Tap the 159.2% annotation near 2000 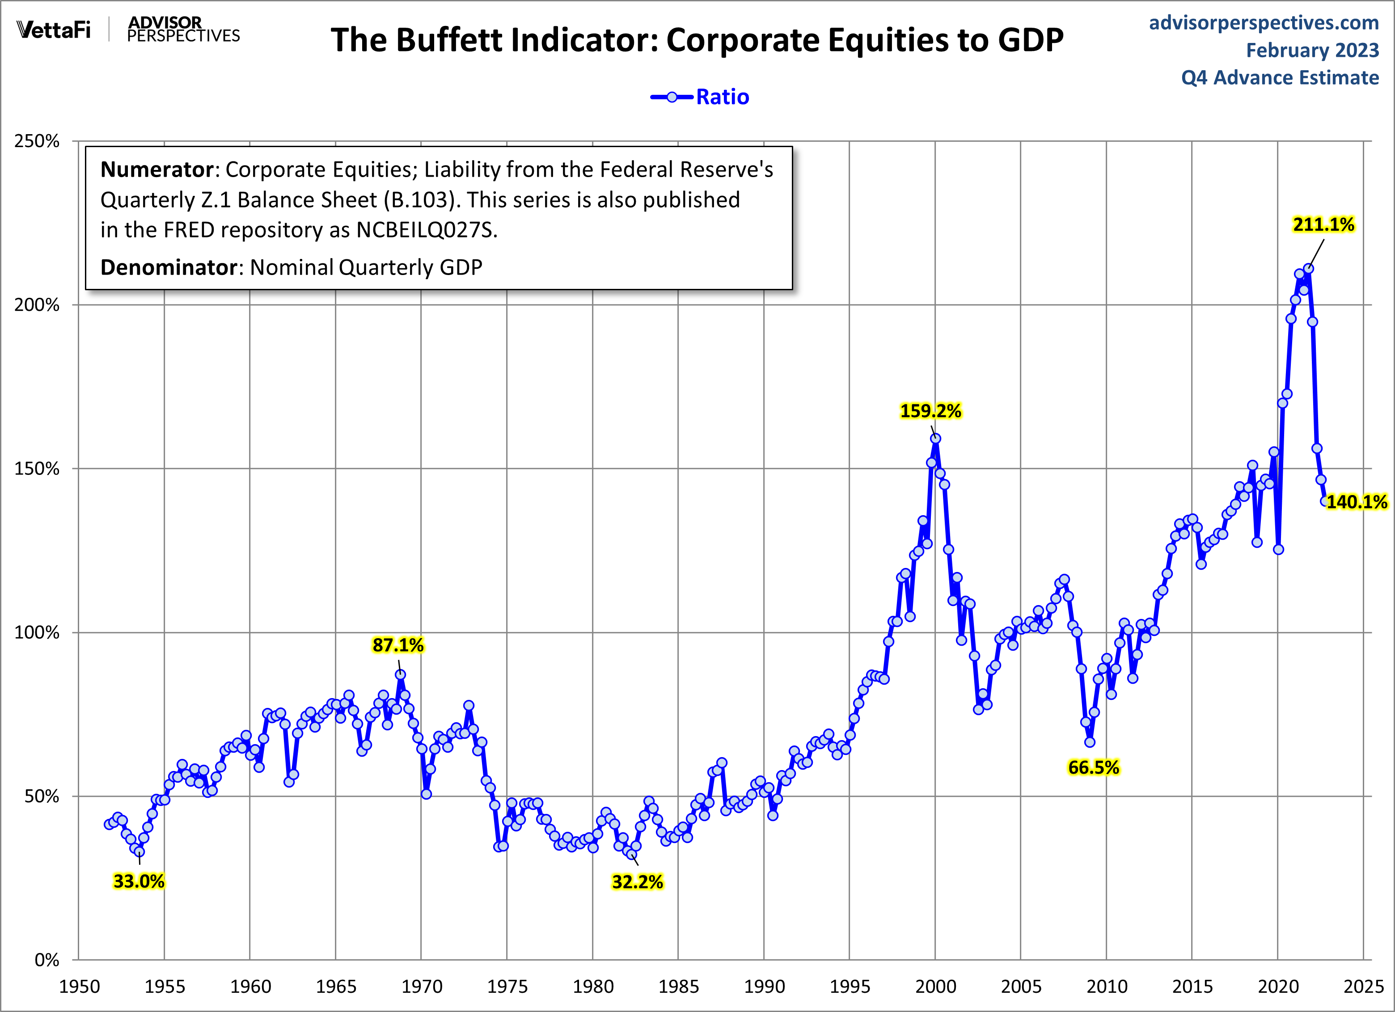tap(930, 411)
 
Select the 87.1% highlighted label tap(398, 645)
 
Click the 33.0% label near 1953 tap(139, 881)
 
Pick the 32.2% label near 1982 tap(637, 882)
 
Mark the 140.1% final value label tap(1356, 502)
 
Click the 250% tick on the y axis tap(37, 141)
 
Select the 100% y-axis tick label tap(37, 632)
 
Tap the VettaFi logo tap(54, 30)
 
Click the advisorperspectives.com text tap(1264, 23)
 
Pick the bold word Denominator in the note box tap(169, 267)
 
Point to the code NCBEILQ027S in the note tap(426, 230)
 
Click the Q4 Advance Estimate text tap(1280, 78)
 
